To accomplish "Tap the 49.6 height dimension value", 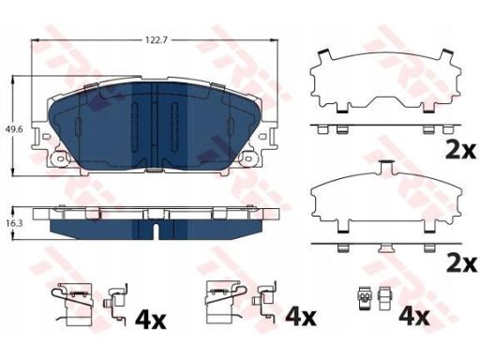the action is pyautogui.click(x=15, y=128).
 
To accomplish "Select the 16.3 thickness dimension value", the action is pyautogui.click(x=15, y=223).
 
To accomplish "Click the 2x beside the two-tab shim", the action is pyautogui.click(x=461, y=151).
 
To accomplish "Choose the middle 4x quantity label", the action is pyautogui.click(x=301, y=317).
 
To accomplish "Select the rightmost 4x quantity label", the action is pyautogui.click(x=414, y=317).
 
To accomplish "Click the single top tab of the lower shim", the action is pyautogui.click(x=386, y=167).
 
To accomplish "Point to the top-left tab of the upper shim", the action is pyautogui.click(x=324, y=55).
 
